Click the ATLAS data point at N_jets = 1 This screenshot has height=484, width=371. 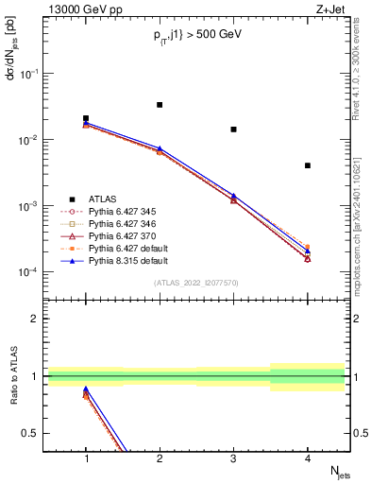pos(86,118)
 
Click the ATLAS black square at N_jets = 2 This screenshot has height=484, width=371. pos(160,105)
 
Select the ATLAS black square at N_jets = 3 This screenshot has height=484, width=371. pos(233,129)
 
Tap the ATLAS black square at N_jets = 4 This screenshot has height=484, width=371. pos(308,165)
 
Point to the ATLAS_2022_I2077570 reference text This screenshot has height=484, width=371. pos(196,283)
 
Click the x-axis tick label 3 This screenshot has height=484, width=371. pos(233,458)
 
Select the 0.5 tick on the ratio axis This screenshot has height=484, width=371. pos(35,433)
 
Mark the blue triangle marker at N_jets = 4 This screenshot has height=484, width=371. pos(308,251)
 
